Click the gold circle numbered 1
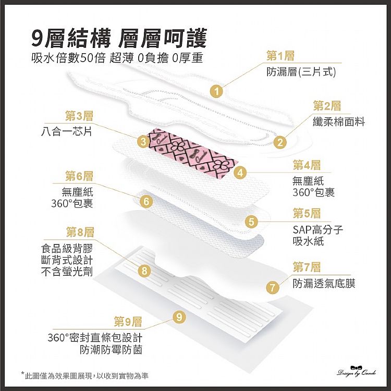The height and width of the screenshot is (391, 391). (x=217, y=92)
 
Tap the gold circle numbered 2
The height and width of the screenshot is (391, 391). (x=280, y=142)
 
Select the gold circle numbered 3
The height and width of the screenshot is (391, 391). (x=143, y=141)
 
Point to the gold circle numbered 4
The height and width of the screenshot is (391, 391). (x=240, y=173)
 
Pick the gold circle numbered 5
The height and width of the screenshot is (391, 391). (x=251, y=222)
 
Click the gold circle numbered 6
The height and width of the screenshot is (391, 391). (x=146, y=201)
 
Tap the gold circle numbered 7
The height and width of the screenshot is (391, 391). (x=273, y=287)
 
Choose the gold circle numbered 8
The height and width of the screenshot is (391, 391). (x=144, y=271)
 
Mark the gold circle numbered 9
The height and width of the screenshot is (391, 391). (x=179, y=317)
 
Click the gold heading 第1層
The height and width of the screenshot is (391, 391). (x=280, y=56)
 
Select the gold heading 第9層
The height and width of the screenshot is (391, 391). (x=128, y=322)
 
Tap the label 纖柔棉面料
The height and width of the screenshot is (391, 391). (x=339, y=121)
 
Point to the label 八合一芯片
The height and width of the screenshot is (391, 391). (x=67, y=131)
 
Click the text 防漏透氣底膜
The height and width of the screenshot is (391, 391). (x=324, y=283)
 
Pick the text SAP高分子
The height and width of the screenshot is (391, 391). (x=318, y=230)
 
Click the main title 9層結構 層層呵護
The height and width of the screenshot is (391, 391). (x=119, y=38)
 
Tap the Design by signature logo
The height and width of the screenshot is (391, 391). (x=357, y=371)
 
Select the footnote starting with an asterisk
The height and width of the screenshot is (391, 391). (x=85, y=375)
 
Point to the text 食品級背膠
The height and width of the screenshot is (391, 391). (x=67, y=248)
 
